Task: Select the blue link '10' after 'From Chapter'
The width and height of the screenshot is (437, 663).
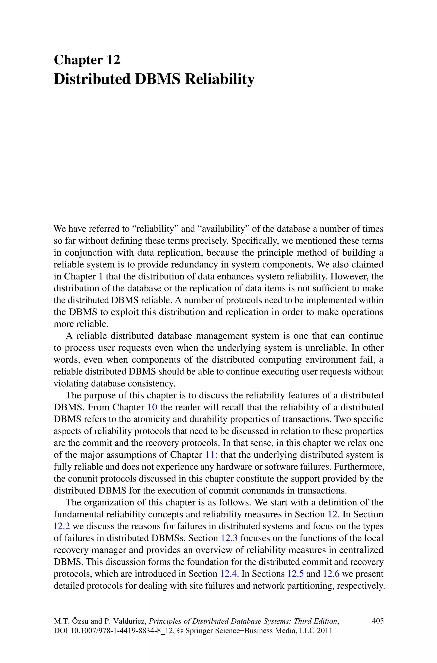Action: pos(152,407)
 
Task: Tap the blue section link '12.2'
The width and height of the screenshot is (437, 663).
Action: pos(62,526)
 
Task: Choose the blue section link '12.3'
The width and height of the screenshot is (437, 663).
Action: pos(229,538)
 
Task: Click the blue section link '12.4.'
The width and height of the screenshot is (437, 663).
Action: pos(229,574)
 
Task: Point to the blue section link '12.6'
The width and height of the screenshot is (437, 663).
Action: pos(331,574)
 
